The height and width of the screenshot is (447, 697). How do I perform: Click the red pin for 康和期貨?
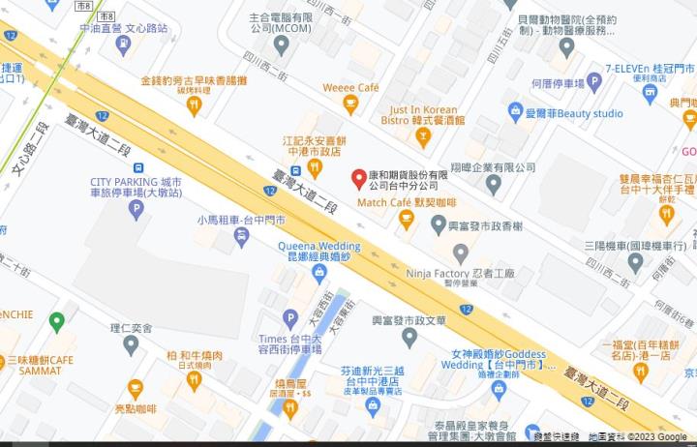click(358, 178)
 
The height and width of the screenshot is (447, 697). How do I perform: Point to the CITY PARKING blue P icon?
click(136, 207)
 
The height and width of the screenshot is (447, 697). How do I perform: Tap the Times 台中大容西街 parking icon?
click(289, 317)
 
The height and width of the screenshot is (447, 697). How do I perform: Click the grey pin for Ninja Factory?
click(461, 252)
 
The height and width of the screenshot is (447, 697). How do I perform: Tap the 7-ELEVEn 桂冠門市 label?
click(651, 69)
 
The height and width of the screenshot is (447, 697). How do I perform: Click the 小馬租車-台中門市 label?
click(241, 220)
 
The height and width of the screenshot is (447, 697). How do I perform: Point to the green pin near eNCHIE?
click(56, 320)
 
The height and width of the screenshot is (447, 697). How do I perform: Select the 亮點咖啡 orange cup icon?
click(135, 389)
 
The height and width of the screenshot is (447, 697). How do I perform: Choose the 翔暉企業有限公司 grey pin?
click(494, 184)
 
